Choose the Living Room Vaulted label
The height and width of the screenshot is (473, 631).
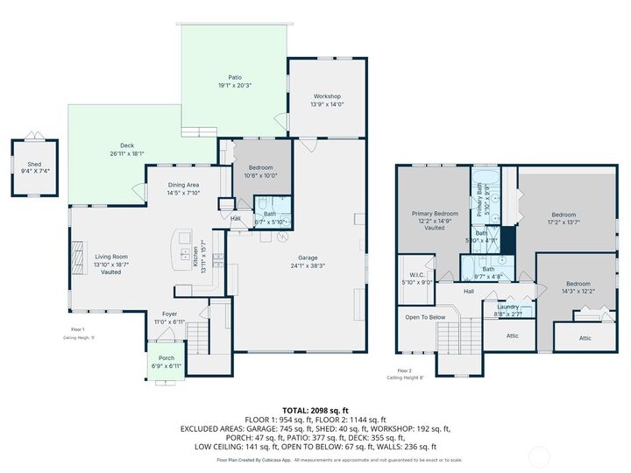click(x=111, y=264)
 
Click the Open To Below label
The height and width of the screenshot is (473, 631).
click(x=425, y=317)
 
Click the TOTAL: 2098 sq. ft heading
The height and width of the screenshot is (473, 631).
click(x=315, y=410)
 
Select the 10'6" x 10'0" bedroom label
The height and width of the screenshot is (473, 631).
click(x=262, y=171)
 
